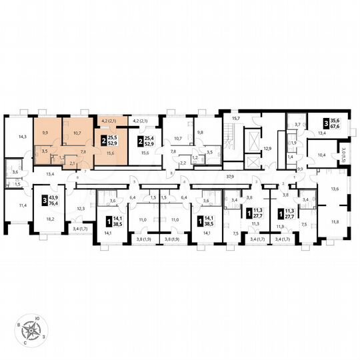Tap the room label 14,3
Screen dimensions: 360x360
coord(23,137)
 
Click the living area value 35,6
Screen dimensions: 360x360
coord(334,119)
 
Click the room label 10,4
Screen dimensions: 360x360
coord(321,155)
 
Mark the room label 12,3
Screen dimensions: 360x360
coord(81,209)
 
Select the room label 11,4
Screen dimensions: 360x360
coord(23,205)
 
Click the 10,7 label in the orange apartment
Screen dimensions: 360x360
coord(77,133)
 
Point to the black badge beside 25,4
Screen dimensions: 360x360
coord(140,139)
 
